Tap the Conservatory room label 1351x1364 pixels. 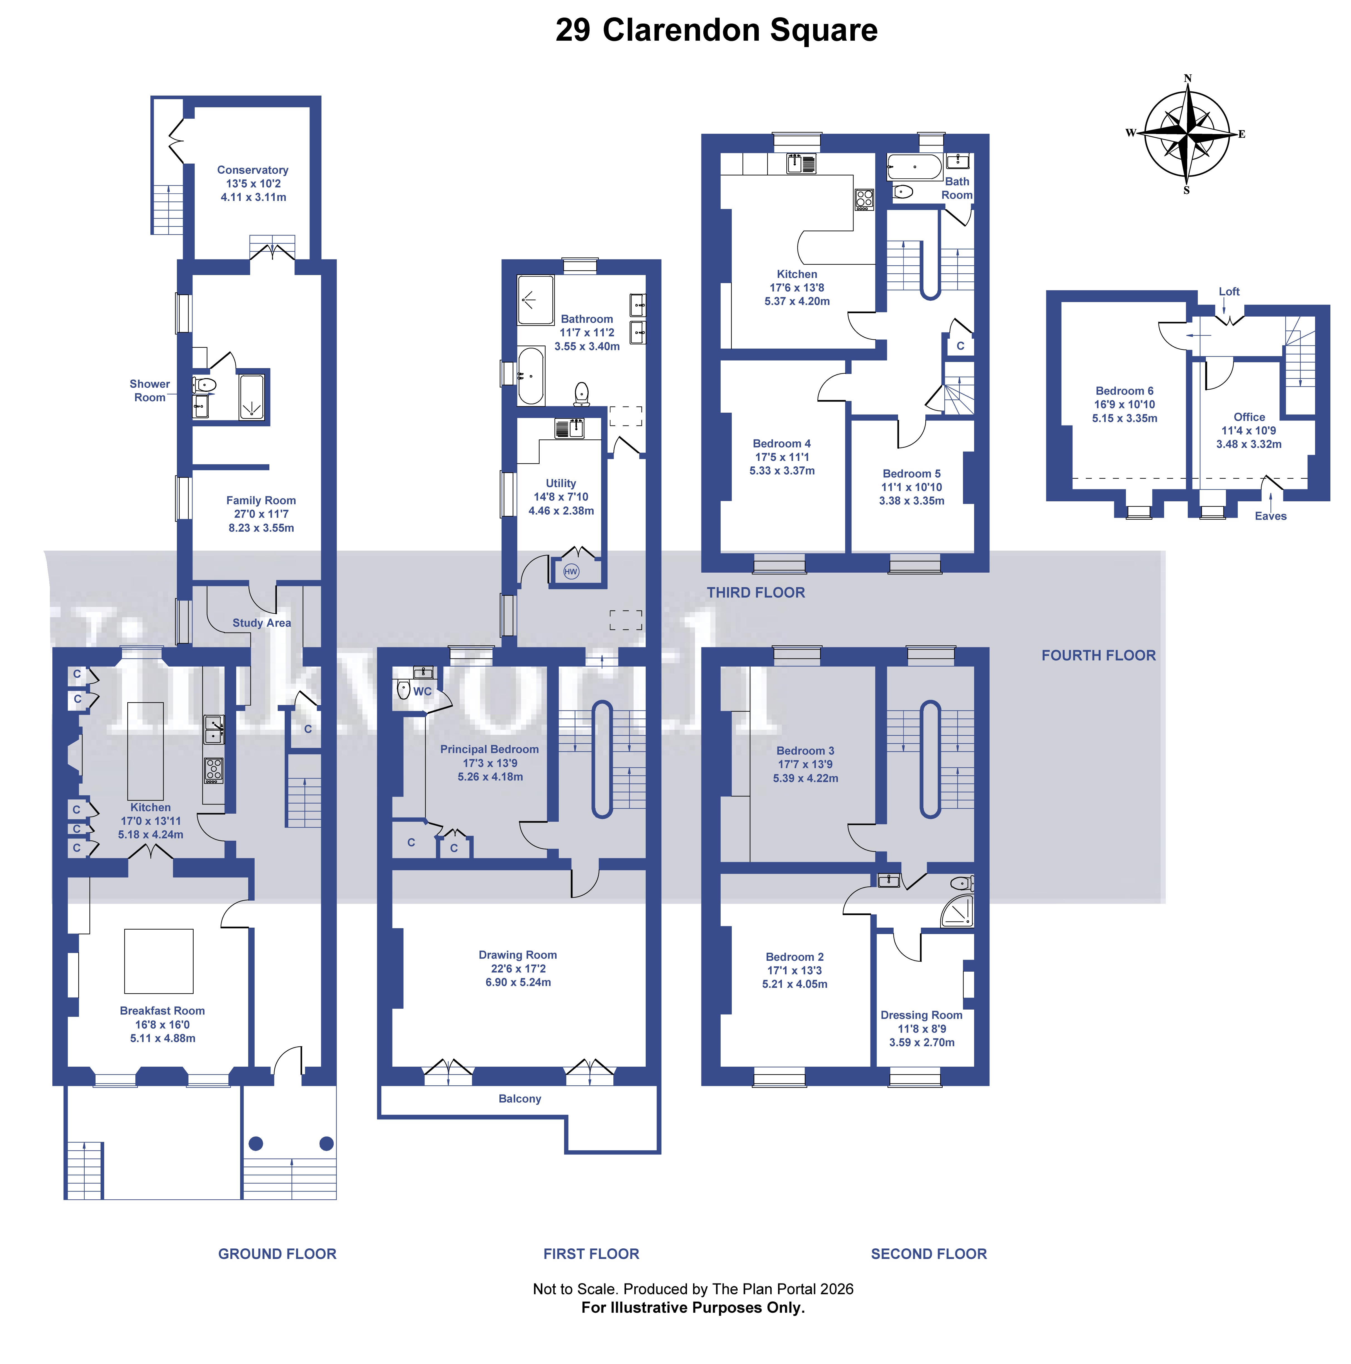click(253, 170)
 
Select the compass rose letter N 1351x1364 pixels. click(1188, 78)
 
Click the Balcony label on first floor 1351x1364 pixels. click(520, 1098)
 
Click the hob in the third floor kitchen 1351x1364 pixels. click(864, 199)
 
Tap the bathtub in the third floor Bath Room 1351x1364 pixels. click(914, 167)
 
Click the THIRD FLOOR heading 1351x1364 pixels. click(755, 592)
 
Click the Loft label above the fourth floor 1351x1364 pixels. click(1229, 291)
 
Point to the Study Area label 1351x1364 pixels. click(261, 623)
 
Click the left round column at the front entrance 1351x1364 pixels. click(256, 1144)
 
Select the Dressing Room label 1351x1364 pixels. click(921, 1015)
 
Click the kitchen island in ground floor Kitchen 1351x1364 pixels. click(145, 750)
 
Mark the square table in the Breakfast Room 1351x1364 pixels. click(159, 962)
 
